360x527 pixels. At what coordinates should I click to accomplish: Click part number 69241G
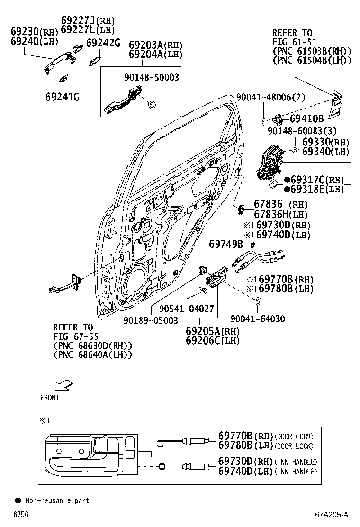(x=62, y=97)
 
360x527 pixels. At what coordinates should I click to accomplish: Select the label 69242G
(x=103, y=43)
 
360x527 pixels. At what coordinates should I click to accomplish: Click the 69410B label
(x=306, y=118)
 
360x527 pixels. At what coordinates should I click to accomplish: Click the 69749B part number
(x=226, y=244)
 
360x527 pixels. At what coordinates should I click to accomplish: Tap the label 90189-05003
(x=151, y=320)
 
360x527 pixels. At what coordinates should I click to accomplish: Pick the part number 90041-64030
(x=257, y=319)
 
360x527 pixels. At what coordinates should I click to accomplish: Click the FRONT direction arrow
(x=63, y=384)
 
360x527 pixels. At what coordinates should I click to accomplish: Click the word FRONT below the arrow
(x=50, y=398)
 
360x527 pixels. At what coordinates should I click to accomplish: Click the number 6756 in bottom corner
(x=20, y=514)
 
